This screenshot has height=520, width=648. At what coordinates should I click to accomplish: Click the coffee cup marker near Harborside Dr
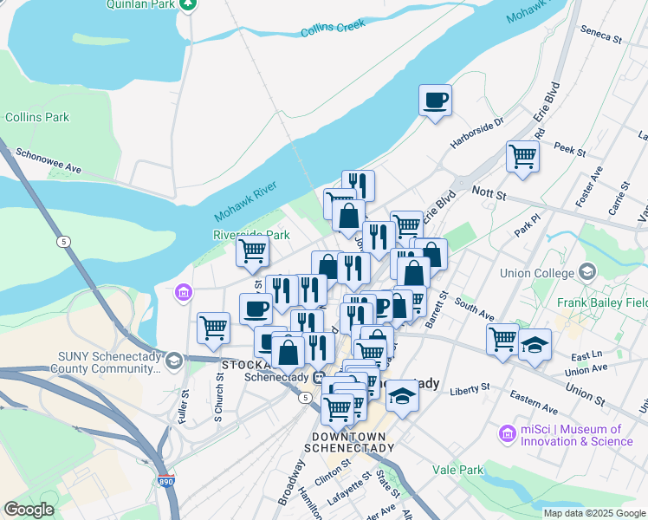(x=435, y=99)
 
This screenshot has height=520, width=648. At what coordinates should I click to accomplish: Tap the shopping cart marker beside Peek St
(x=523, y=157)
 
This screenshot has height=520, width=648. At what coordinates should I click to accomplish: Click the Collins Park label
(x=36, y=117)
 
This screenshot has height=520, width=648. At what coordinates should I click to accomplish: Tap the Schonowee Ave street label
(x=49, y=159)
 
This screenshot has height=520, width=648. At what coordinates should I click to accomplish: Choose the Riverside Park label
(x=251, y=235)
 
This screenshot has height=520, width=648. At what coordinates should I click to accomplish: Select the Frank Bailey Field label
(x=601, y=303)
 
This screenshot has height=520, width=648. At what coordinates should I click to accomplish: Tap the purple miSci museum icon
(x=508, y=432)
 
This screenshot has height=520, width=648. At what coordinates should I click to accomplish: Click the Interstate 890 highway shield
(x=164, y=481)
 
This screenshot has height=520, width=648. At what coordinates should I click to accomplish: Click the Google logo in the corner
(x=29, y=509)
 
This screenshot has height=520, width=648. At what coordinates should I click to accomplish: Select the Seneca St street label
(x=601, y=38)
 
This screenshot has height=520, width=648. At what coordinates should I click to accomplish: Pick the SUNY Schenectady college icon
(x=174, y=360)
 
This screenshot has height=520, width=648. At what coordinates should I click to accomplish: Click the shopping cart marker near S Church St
(x=213, y=328)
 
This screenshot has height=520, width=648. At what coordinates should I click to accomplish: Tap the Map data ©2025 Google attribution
(x=593, y=513)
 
